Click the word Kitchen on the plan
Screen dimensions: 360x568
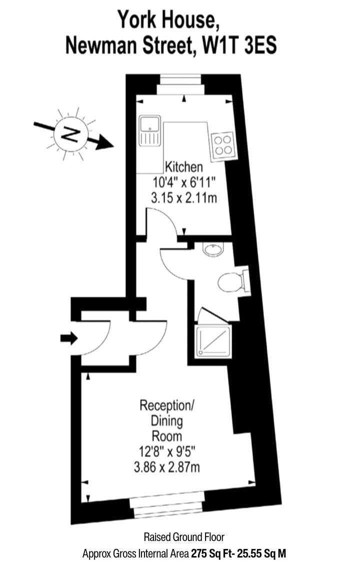[184, 167]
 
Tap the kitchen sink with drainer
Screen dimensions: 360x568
[149, 131]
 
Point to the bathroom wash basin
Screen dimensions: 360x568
[213, 249]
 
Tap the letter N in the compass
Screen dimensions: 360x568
[71, 134]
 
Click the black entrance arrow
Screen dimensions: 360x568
[69, 338]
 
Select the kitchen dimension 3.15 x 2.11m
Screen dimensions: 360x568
[184, 198]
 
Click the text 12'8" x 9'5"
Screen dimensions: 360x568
[167, 451]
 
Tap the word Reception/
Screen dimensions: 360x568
[167, 405]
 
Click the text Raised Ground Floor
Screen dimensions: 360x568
[184, 537]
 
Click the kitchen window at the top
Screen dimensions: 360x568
[180, 85]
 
